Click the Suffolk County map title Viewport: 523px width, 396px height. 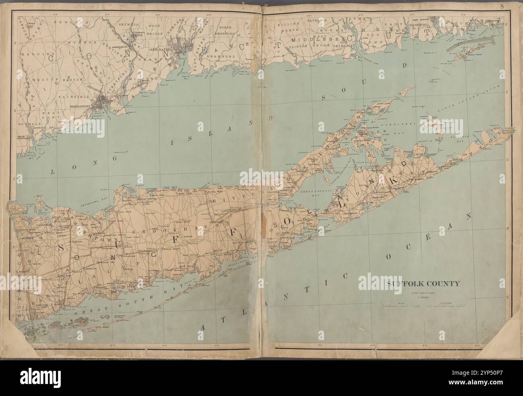pyautogui.click(x=423, y=284)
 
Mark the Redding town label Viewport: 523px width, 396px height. pyautogui.click(x=33, y=53)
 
